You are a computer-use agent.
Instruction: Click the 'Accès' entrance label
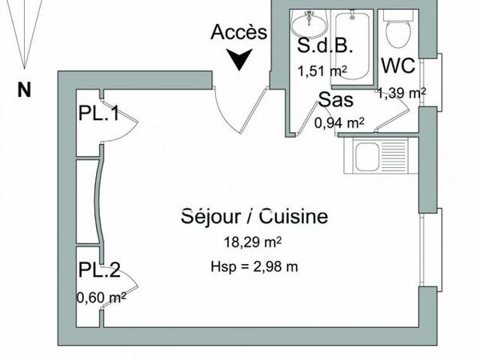[x=238, y=33]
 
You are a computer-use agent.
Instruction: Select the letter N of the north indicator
[x=24, y=90]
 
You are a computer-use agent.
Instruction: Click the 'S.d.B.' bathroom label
[x=321, y=44]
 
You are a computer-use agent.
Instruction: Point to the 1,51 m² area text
[x=322, y=70]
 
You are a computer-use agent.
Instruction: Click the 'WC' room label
[x=398, y=66]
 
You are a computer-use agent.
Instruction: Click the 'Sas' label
[x=337, y=100]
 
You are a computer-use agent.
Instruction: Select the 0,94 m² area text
[x=339, y=122]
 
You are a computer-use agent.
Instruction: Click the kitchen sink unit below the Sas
[x=376, y=154]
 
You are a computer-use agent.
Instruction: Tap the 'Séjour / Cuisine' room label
[x=254, y=217]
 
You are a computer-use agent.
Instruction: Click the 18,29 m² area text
[x=254, y=242]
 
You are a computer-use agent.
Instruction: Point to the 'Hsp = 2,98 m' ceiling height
[x=254, y=266]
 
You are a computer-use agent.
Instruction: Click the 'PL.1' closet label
[x=98, y=114]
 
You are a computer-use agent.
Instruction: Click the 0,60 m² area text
[x=102, y=298]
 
